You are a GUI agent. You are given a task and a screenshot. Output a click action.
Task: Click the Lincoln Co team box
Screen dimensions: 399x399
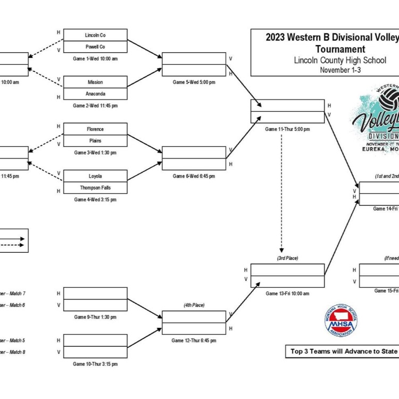pyautogui.click(x=95, y=35)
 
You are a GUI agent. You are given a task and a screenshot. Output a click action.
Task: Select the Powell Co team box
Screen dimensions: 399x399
pyautogui.click(x=95, y=47)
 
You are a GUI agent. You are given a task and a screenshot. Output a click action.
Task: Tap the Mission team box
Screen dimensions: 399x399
pyautogui.click(x=95, y=82)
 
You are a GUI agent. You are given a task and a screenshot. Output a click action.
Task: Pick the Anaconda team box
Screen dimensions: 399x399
pyautogui.click(x=95, y=94)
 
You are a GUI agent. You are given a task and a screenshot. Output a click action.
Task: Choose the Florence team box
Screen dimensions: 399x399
pyautogui.click(x=95, y=129)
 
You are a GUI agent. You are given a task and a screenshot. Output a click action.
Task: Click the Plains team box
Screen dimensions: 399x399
pyautogui.click(x=95, y=141)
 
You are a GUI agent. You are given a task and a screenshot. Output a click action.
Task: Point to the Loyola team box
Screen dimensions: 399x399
pyautogui.click(x=95, y=176)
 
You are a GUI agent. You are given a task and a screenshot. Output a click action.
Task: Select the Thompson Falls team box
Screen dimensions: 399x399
pyautogui.click(x=95, y=188)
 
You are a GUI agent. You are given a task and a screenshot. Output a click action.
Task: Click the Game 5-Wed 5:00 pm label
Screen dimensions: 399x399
pyautogui.click(x=194, y=82)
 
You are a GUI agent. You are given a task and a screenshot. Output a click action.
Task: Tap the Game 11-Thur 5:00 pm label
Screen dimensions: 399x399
pyautogui.click(x=287, y=129)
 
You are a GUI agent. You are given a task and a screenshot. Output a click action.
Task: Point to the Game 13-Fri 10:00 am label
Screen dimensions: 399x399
pyautogui.click(x=287, y=293)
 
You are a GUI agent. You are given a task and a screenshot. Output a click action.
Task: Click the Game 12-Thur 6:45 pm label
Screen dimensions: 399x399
pyautogui.click(x=194, y=340)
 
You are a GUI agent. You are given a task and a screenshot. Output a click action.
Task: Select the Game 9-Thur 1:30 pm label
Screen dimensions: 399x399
pyautogui.click(x=95, y=317)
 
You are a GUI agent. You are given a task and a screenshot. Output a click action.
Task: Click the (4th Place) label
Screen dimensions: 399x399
pyautogui.click(x=194, y=305)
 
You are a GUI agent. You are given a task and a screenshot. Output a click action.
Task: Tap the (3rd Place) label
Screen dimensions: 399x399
pyautogui.click(x=287, y=258)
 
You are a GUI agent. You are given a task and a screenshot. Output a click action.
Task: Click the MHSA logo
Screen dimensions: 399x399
pyautogui.click(x=340, y=321)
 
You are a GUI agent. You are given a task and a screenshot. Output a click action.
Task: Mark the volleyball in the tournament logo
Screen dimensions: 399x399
pyautogui.click(x=390, y=99)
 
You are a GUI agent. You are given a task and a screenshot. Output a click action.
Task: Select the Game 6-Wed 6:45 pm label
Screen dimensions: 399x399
pyautogui.click(x=194, y=176)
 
